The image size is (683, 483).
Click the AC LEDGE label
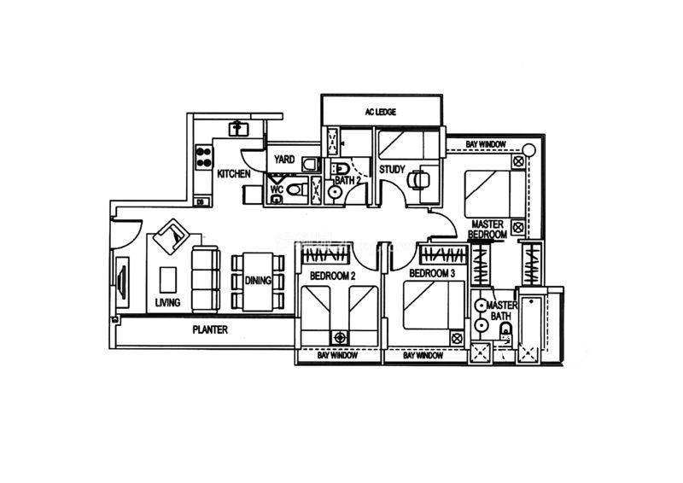click(x=380, y=112)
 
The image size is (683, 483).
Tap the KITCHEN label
click(x=234, y=174)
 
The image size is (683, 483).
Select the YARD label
click(x=284, y=160)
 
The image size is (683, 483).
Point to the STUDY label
click(x=392, y=169)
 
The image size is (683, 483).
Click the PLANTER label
click(x=210, y=329)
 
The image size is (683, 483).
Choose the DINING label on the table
click(x=258, y=281)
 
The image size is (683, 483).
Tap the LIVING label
click(x=167, y=302)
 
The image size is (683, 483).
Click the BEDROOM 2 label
click(x=333, y=276)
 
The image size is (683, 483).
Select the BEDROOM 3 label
click(x=432, y=274)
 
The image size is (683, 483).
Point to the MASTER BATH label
click(x=501, y=311)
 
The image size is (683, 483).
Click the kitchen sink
click(x=237, y=129)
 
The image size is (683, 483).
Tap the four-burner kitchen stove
click(x=204, y=157)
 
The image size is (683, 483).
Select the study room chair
click(x=417, y=179)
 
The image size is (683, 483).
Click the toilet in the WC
click(x=296, y=189)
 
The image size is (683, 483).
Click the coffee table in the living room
click(x=167, y=280)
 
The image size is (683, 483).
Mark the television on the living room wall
click(x=122, y=282)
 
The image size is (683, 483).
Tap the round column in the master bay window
click(x=530, y=150)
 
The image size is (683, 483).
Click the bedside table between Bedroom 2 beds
click(x=340, y=338)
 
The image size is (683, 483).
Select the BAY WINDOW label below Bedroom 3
click(x=423, y=355)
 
